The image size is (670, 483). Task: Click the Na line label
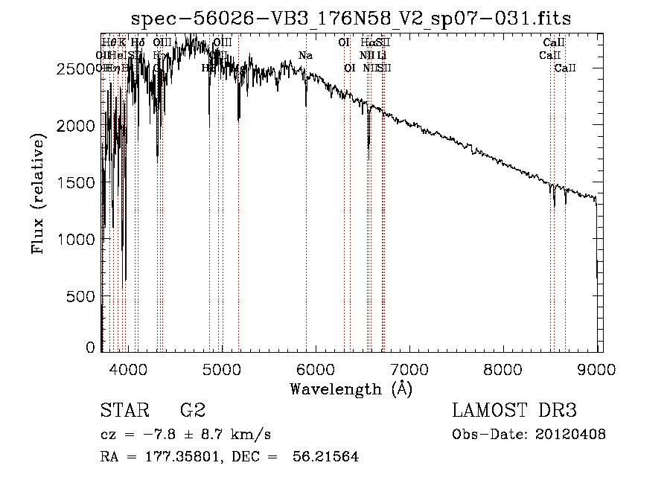[x=305, y=55]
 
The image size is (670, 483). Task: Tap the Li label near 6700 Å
[x=381, y=55]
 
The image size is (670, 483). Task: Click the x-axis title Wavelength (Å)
[x=351, y=388]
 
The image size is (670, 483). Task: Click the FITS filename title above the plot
[x=351, y=18]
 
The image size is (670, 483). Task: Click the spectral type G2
[x=192, y=411]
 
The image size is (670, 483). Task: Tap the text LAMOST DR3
[x=514, y=411]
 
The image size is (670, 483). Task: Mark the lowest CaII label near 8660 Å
[x=565, y=68]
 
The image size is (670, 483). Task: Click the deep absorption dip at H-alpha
[x=368, y=153]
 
